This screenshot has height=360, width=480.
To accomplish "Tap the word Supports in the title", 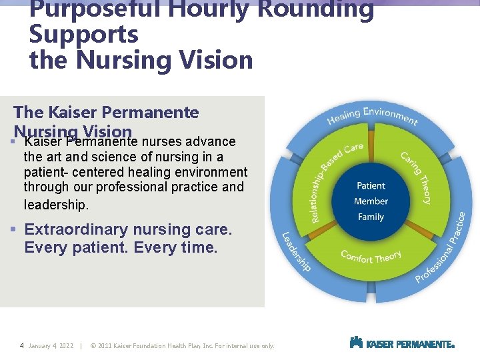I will (84, 35).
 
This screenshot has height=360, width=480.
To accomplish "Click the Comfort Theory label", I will (371, 256).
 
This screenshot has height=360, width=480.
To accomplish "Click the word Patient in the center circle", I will (371, 186).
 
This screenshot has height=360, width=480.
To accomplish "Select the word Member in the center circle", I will (371, 201).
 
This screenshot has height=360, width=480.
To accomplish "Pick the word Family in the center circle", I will (371, 217).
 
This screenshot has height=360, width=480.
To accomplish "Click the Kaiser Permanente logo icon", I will (356, 343).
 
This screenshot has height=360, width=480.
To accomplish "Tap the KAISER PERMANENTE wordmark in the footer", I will (410, 345).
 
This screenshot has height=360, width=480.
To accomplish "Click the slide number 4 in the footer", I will (22, 346).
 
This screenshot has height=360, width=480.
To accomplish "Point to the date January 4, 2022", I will (51, 346).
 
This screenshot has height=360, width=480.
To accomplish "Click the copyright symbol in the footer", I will (93, 346).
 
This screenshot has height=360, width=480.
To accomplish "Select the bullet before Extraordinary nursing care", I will (14, 230).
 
